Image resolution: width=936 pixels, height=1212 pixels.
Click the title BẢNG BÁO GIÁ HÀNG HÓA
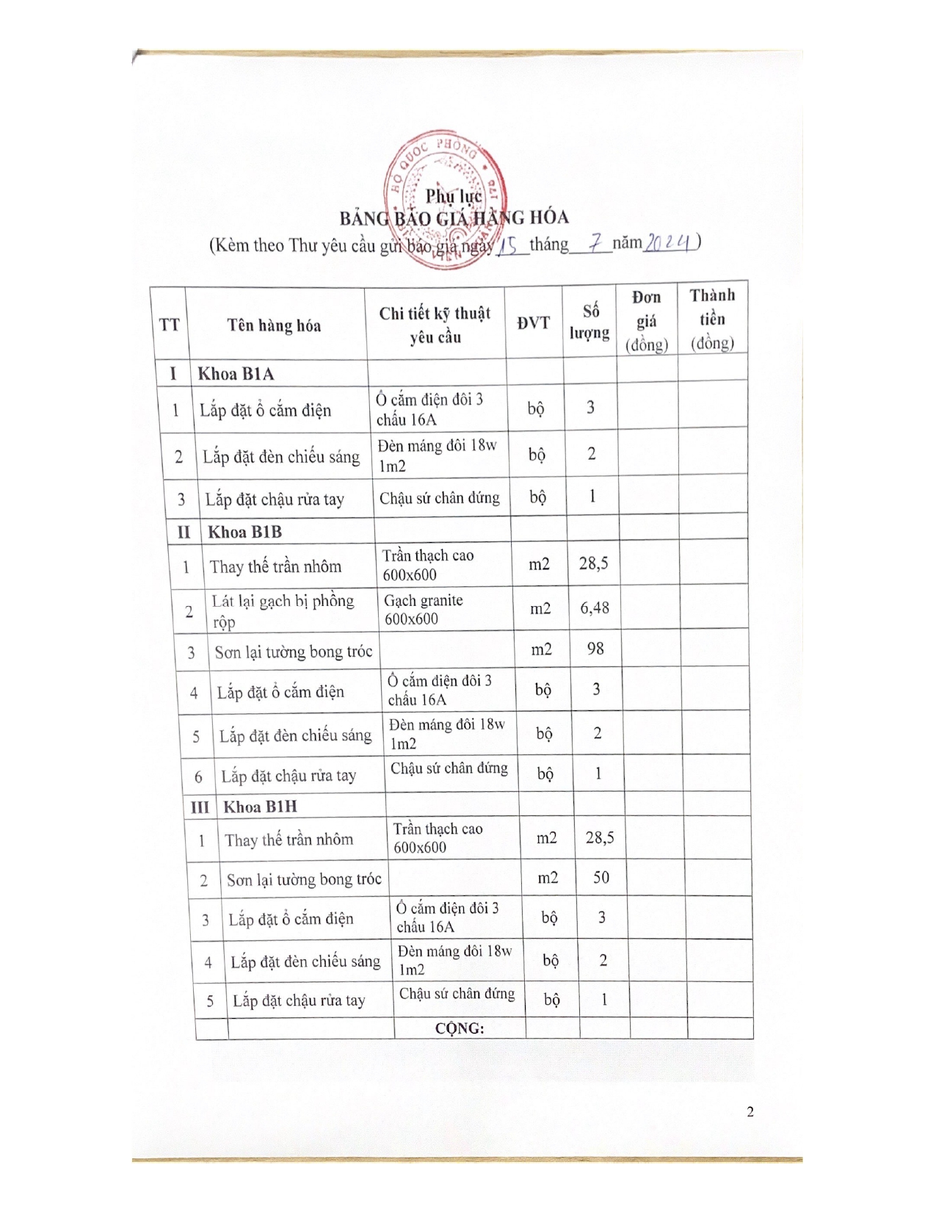[x=453, y=218]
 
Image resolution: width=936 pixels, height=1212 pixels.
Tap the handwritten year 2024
[x=669, y=242]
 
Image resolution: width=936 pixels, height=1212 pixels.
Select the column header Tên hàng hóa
[x=274, y=325]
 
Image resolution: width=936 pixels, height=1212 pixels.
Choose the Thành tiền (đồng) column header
[x=711, y=320]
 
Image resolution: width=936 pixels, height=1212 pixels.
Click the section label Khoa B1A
[x=236, y=374]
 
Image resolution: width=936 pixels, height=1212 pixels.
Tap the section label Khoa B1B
[x=244, y=532]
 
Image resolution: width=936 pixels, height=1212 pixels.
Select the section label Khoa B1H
[x=260, y=807]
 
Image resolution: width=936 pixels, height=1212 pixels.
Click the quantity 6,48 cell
[x=595, y=608]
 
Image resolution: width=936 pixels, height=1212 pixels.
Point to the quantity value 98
[x=595, y=649]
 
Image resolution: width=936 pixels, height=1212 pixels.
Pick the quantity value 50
[x=601, y=877]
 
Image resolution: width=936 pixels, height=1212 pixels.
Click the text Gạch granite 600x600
[x=424, y=609]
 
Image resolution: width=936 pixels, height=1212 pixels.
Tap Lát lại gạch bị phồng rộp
[x=283, y=610]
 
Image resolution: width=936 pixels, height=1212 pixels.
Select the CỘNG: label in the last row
[x=460, y=1028]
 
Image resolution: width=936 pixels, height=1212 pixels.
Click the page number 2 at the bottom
[x=750, y=1111]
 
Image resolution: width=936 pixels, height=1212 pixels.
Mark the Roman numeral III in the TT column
[x=200, y=807]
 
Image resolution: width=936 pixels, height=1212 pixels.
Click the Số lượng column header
[x=589, y=322]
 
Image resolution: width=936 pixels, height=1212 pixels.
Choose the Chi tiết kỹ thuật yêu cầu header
[x=435, y=325]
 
